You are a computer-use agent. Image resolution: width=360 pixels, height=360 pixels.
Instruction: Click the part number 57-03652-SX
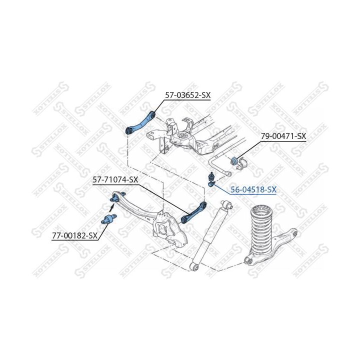coord(188,95)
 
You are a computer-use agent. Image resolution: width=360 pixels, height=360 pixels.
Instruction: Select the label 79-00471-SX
coord(283,136)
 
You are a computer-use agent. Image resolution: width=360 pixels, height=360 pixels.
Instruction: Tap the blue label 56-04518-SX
coord(253,189)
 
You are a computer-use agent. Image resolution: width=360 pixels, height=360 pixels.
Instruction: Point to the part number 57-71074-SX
coord(115,179)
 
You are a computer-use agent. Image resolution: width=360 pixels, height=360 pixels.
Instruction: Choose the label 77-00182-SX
coord(75,235)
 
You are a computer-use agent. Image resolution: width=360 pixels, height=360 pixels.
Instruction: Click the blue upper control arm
coord(140,123)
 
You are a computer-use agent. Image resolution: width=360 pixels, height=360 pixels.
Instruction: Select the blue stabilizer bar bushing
coord(234,160)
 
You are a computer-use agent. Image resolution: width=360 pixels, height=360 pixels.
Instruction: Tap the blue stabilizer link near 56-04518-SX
coord(211,179)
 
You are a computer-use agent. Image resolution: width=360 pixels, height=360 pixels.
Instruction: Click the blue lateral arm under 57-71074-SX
coord(193,212)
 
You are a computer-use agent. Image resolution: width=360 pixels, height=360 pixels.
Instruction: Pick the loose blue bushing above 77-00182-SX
coord(109,219)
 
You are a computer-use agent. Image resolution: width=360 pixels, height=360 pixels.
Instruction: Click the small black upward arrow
coord(111,208)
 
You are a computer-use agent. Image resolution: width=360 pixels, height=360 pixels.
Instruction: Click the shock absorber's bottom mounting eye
coord(195,267)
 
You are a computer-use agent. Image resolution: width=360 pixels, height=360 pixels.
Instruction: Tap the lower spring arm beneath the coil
coord(271,248)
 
